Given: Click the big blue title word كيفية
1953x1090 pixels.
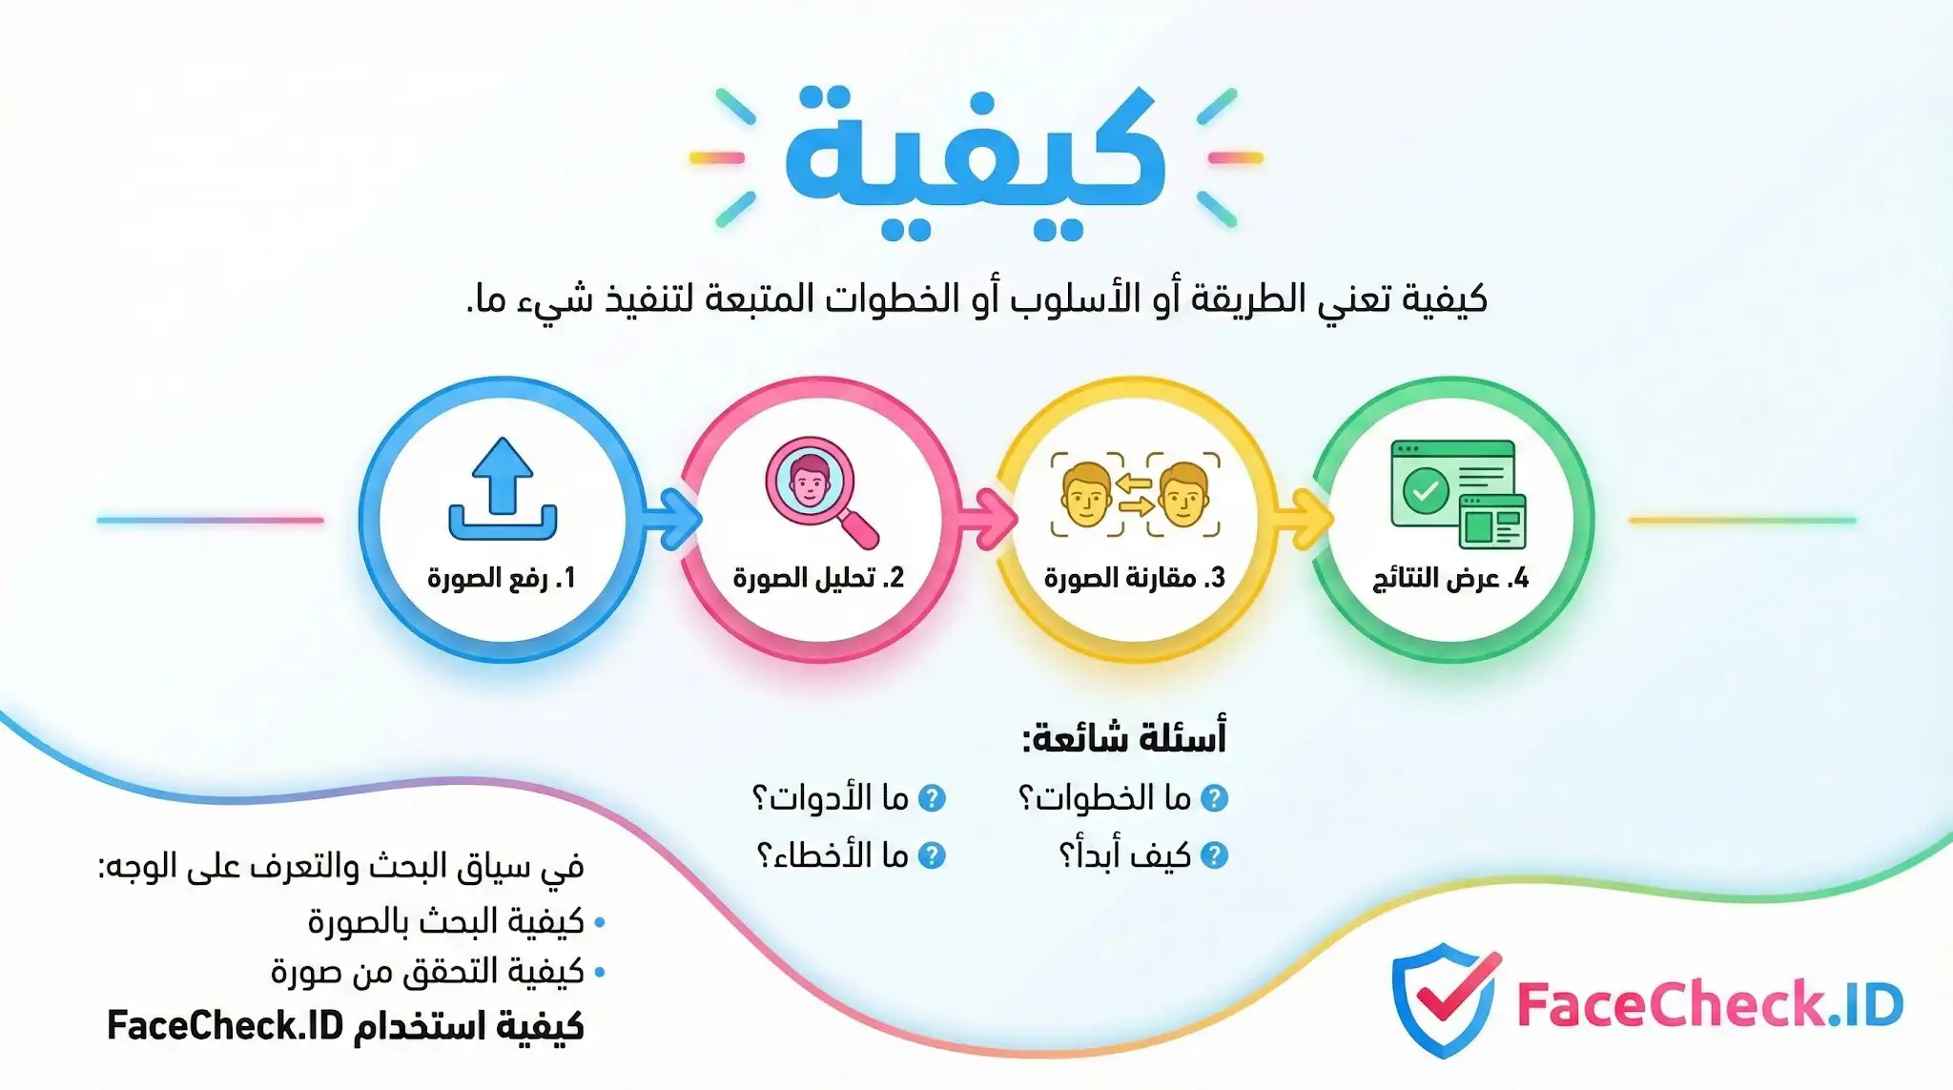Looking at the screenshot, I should [x=975, y=153].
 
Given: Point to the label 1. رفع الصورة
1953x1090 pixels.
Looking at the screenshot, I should [x=501, y=578].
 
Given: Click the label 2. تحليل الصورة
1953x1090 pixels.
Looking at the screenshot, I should [x=818, y=578].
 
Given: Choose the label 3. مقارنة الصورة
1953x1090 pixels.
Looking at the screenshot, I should [x=1134, y=578].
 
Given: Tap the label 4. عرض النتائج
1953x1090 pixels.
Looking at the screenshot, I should [x=1450, y=578].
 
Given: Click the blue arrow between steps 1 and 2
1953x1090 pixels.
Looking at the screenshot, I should [x=672, y=520].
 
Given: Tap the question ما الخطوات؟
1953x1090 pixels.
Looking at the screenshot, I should [x=1106, y=798].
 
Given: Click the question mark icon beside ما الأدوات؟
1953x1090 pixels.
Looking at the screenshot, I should [x=932, y=798].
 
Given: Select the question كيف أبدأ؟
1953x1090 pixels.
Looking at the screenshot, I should [x=1125, y=855].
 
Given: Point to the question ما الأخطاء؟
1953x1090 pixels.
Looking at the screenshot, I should [x=833, y=855].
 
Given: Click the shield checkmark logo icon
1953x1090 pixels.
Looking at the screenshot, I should [x=1445, y=999].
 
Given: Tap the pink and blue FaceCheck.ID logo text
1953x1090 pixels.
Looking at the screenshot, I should [x=1709, y=1004].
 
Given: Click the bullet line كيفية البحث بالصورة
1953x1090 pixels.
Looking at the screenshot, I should [x=445, y=922].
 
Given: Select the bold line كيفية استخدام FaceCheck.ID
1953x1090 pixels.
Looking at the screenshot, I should [x=345, y=1026].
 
